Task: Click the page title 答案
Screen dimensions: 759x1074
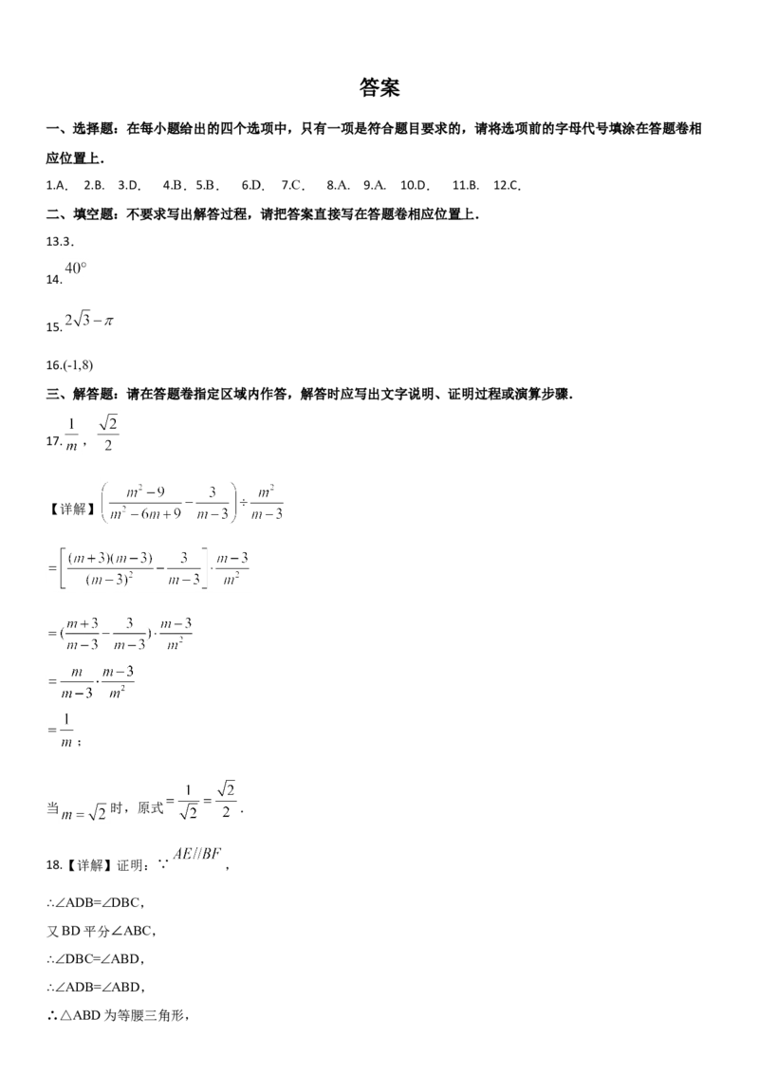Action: click(x=379, y=87)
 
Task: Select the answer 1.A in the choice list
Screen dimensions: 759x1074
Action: click(x=57, y=185)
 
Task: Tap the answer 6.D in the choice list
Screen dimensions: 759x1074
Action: click(x=252, y=185)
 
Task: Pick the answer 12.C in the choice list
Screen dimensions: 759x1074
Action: click(x=507, y=185)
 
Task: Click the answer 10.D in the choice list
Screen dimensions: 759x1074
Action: click(x=415, y=185)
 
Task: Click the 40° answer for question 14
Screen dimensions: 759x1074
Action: click(x=75, y=268)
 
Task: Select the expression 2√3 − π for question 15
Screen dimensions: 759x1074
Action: click(x=89, y=320)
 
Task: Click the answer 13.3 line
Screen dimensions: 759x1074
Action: click(x=60, y=241)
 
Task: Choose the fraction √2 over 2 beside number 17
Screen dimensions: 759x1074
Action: click(x=108, y=434)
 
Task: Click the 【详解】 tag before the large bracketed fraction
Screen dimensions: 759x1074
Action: click(x=69, y=509)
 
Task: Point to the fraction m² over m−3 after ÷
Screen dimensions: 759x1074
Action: click(x=267, y=503)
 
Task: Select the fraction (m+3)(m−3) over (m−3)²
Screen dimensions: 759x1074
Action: click(x=110, y=568)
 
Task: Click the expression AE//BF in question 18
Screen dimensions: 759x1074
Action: click(x=197, y=854)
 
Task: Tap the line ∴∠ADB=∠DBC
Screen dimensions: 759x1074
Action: click(x=95, y=903)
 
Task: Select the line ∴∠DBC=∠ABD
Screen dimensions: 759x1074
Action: click(x=95, y=959)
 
